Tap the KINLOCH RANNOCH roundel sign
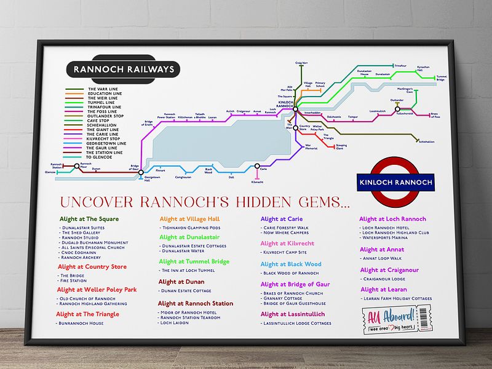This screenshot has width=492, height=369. (395, 182)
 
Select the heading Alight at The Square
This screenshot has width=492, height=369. (89, 218)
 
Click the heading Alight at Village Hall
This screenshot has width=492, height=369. (189, 218)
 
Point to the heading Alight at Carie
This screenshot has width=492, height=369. (281, 218)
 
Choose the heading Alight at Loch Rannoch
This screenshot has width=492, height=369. (392, 219)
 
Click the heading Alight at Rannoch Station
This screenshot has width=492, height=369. (196, 303)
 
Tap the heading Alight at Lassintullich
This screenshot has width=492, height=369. (293, 314)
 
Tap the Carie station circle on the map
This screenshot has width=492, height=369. (257, 165)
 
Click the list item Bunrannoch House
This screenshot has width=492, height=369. (87, 322)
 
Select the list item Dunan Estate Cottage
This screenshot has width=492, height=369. (185, 291)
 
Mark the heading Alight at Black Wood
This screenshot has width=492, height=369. (291, 264)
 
